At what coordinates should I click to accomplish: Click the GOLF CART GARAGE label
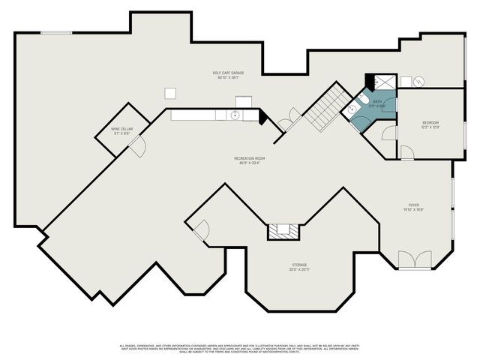click(x=228, y=73)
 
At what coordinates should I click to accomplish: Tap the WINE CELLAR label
click(x=121, y=129)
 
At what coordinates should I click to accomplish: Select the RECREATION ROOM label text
click(x=249, y=158)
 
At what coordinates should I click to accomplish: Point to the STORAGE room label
click(x=299, y=265)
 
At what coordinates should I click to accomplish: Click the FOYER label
click(x=413, y=205)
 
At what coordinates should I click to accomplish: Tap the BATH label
click(x=377, y=101)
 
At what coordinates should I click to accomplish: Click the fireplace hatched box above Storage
click(x=283, y=231)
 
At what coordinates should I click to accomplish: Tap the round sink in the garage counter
click(x=235, y=115)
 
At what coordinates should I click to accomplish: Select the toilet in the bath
click(x=353, y=109)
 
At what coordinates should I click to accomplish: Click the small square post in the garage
click(x=171, y=92)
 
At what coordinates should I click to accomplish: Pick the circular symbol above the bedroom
click(x=418, y=81)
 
